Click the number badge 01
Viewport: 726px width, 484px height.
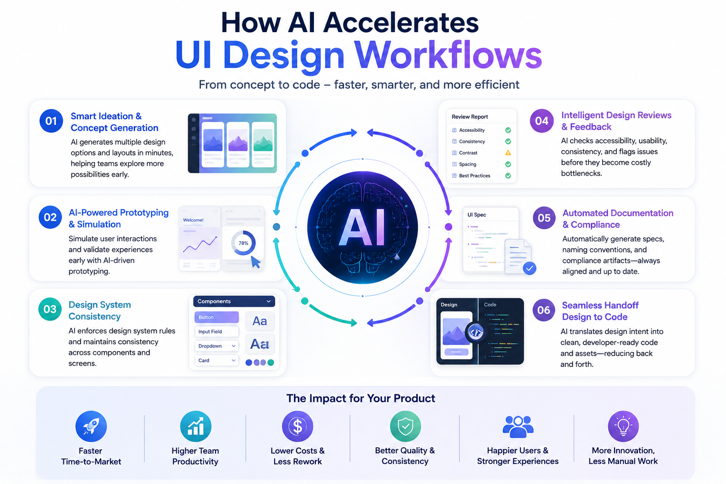tap(51, 121)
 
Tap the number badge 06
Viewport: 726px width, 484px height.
tap(544, 310)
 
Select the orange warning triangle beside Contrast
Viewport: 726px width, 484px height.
tap(508, 153)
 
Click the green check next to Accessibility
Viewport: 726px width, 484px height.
tap(508, 130)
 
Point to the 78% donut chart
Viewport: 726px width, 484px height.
tap(243, 243)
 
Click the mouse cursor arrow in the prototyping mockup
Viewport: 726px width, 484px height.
tap(256, 262)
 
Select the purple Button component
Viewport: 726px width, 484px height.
tap(216, 317)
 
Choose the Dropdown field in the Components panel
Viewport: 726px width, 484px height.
tap(216, 346)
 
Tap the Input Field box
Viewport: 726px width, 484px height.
tap(216, 331)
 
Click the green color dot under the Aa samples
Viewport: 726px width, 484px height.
tap(271, 363)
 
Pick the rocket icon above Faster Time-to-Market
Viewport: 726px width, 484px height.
tap(91, 426)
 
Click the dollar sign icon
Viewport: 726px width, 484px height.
tap(297, 426)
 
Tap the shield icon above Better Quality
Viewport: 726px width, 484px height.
tap(406, 426)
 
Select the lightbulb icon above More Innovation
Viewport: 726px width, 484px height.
tap(623, 426)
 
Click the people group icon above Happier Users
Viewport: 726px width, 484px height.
tap(518, 426)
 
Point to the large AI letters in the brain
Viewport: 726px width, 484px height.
tap(362, 226)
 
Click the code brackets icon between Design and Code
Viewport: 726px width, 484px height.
tap(476, 332)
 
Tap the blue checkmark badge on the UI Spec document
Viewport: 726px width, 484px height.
tap(529, 268)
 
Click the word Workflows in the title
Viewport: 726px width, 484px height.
tap(448, 54)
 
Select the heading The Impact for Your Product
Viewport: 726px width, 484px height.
tap(361, 398)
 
